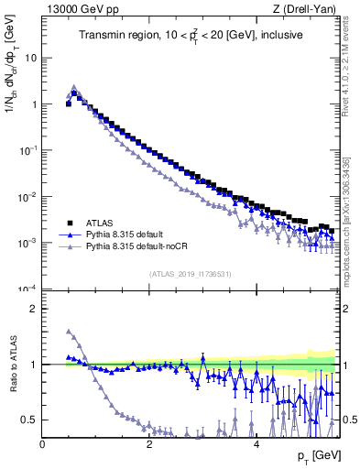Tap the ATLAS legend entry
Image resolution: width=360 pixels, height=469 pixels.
tap(100, 223)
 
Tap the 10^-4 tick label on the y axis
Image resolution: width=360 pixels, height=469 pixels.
tap(27, 289)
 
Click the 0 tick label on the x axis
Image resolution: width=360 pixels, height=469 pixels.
tap(43, 444)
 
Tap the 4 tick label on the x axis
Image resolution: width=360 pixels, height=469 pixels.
tap(256, 444)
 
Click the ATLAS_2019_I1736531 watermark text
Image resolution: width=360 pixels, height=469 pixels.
tap(190, 274)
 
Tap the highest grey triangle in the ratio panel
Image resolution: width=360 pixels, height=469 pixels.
tap(69, 332)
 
